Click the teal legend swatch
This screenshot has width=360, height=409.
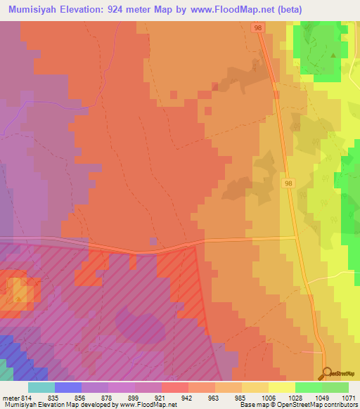tap(41, 387)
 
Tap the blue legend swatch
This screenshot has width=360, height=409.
tap(68, 387)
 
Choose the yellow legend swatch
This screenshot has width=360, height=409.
tap(281, 387)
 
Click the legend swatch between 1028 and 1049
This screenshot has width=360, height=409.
tap(308, 387)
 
